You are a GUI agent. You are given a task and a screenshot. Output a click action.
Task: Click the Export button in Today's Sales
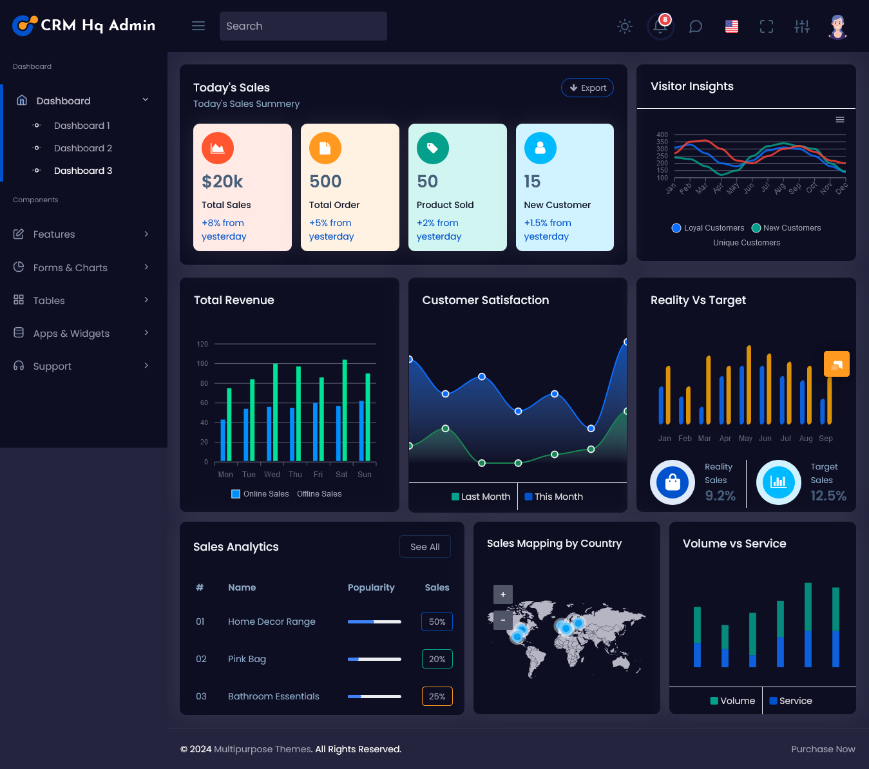pos(587,88)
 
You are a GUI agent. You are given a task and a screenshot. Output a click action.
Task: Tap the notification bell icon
pos(660,26)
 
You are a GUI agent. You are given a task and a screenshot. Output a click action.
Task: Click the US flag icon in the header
pos(731,26)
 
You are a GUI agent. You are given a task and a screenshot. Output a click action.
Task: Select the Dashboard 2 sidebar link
pos(82,148)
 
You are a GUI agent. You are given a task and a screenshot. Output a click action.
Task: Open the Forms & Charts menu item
pos(70,267)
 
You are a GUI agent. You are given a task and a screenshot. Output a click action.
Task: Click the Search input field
pos(303,26)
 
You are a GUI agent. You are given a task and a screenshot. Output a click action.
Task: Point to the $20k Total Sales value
pos(222,182)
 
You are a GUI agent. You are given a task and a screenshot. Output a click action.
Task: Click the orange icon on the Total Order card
pos(325,148)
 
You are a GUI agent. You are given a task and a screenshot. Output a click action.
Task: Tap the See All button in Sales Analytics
pos(425,547)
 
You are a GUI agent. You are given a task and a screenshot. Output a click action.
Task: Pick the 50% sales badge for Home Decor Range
pos(437,622)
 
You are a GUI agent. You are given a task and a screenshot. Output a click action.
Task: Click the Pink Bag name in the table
pos(247,659)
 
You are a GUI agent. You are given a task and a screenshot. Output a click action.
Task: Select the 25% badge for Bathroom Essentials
pos(437,696)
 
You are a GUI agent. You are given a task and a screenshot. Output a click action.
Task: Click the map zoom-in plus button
pos(503,594)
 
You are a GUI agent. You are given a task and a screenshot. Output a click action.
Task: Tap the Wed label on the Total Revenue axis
pos(272,475)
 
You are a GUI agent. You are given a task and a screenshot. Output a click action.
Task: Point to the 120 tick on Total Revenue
pos(202,344)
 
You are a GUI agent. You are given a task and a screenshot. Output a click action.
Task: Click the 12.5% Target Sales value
pos(828,495)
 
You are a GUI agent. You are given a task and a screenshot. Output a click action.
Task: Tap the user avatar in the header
pos(837,26)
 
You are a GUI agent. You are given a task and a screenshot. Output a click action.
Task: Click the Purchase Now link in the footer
pos(823,749)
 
